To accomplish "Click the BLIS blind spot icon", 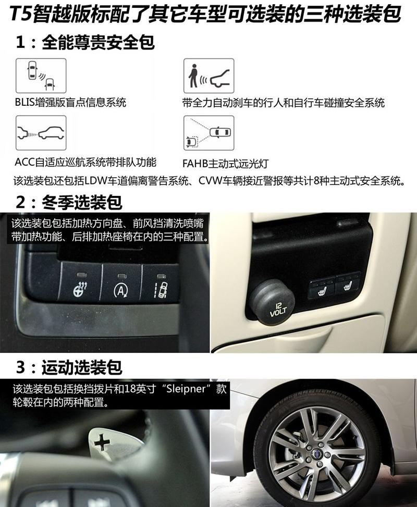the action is [41, 76].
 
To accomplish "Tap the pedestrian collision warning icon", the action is [208, 76].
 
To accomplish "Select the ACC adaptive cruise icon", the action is [41, 133].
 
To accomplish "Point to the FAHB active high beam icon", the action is [208, 133].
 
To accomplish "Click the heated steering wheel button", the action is [80, 282].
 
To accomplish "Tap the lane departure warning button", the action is [160, 282].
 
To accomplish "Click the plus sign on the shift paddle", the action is [102, 442].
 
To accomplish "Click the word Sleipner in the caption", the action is [186, 388].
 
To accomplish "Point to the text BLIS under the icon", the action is [25, 103].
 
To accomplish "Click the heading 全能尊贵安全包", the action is [99, 43].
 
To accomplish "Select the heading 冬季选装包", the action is [82, 203].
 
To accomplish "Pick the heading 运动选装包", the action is [82, 368].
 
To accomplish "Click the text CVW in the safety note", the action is [210, 181].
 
